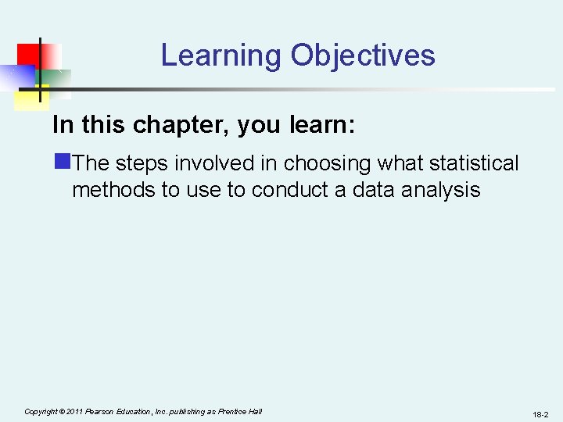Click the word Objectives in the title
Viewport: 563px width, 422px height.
[363, 56]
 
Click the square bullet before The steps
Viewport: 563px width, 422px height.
[62, 163]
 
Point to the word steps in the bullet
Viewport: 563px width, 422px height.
[142, 163]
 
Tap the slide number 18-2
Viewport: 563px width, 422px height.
[540, 414]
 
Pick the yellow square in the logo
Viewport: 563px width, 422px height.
[30, 95]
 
